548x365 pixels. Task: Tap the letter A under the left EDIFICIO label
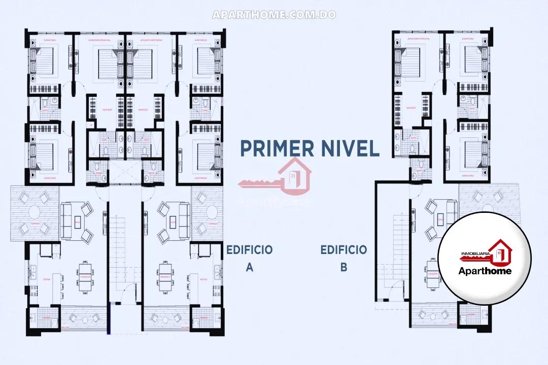coord(249,267)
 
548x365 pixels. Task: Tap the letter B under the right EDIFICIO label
coord(344,267)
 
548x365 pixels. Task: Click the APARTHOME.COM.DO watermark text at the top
coord(274,15)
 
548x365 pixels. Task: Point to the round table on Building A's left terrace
coord(35,212)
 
